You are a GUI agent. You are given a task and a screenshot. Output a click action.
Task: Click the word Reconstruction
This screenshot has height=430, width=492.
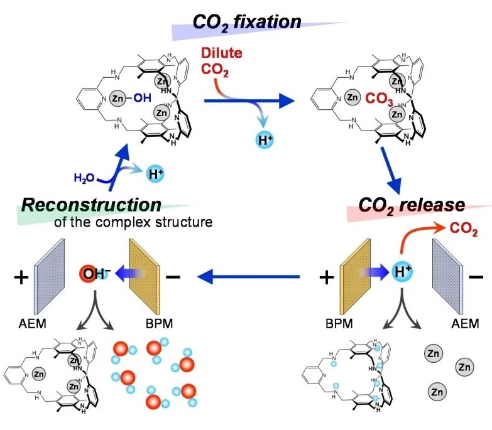tap(92, 205)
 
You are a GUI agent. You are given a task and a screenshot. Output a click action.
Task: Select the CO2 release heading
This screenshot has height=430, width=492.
tap(412, 205)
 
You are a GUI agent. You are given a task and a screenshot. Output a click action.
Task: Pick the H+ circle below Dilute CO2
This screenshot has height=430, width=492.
tap(266, 140)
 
